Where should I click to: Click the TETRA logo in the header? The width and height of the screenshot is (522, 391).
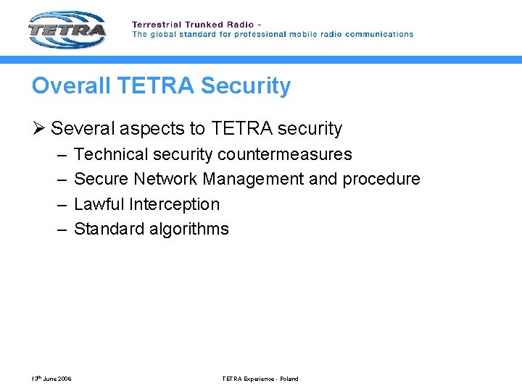(x=67, y=29)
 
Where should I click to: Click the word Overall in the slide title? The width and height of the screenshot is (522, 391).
(x=70, y=85)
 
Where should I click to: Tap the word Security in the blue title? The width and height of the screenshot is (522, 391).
(x=246, y=85)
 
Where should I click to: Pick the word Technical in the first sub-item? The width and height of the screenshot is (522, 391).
(x=109, y=154)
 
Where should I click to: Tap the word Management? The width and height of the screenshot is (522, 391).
(x=253, y=179)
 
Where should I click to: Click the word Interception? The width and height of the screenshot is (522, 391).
(x=174, y=204)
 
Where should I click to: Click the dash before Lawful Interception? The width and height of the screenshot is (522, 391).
(x=59, y=204)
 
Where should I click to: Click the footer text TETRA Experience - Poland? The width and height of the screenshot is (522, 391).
(x=260, y=379)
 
